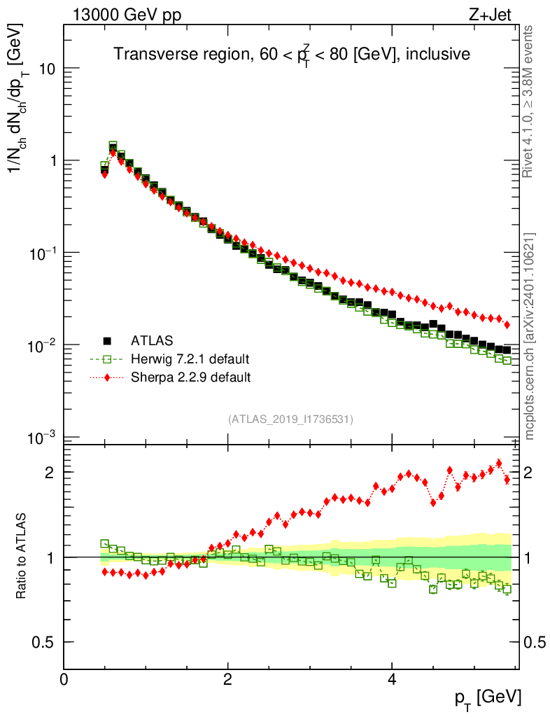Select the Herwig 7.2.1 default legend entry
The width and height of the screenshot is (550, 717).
(190, 360)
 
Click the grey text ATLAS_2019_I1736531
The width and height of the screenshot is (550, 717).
(290, 419)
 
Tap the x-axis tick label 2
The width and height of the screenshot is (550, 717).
(228, 680)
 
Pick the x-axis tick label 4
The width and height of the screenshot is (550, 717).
(392, 680)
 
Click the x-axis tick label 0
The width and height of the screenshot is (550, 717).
(64, 680)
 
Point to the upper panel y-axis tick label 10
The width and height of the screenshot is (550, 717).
(48, 69)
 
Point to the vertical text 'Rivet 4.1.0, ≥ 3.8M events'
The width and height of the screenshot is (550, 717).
(530, 102)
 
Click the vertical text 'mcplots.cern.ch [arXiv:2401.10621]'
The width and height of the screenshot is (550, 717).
(530, 336)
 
